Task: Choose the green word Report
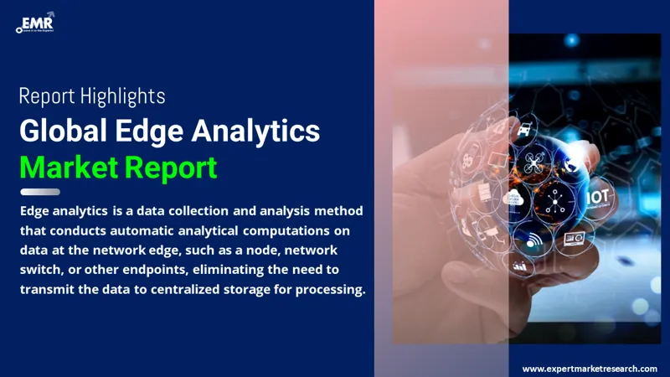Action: (171, 168)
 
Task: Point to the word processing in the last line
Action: (328, 291)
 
